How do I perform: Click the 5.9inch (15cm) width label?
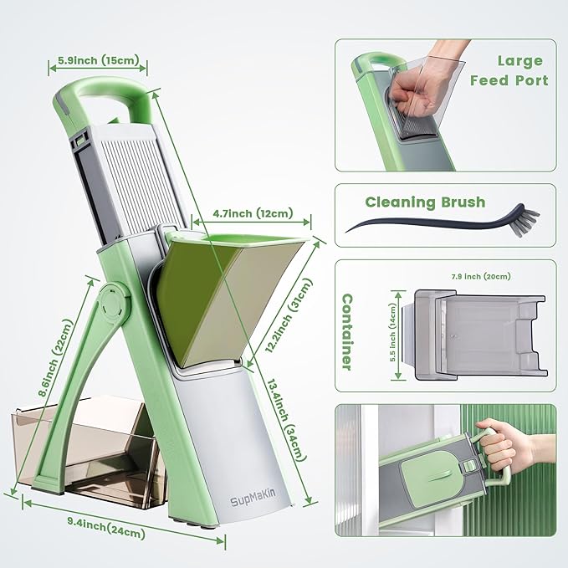97,61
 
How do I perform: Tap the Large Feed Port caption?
509,71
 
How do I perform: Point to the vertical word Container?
346,331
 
